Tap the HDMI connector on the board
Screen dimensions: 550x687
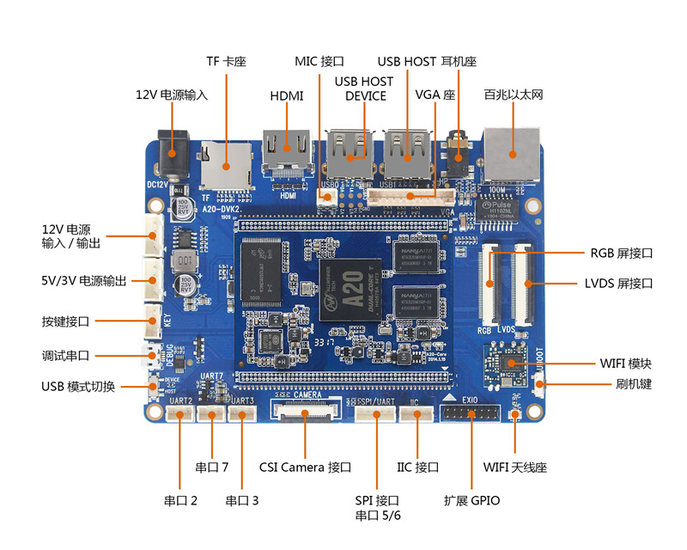(x=287, y=155)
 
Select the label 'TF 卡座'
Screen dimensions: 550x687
(x=226, y=62)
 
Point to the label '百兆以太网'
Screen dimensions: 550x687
(x=514, y=95)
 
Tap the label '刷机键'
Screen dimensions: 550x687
(x=634, y=384)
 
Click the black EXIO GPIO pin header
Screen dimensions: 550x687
(x=470, y=415)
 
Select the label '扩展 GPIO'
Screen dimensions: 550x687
(x=471, y=500)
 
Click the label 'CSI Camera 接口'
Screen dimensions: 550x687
(x=305, y=467)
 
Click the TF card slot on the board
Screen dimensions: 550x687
(x=226, y=167)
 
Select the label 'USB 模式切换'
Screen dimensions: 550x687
(x=78, y=386)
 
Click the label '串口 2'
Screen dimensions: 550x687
(x=180, y=500)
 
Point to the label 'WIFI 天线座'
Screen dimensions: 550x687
(x=514, y=467)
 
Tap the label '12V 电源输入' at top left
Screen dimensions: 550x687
(x=172, y=95)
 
